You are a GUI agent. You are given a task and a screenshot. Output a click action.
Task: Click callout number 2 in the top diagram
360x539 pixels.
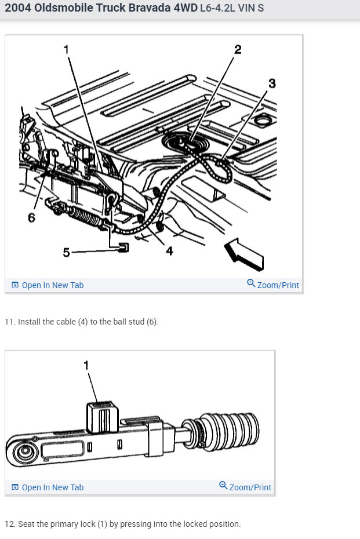pos(237,49)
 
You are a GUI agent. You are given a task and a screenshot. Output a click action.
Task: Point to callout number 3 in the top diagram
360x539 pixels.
pos(271,83)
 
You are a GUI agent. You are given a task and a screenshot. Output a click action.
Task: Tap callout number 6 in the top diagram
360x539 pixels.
pos(31,217)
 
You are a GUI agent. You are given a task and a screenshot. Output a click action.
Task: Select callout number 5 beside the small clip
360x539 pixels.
pos(66,252)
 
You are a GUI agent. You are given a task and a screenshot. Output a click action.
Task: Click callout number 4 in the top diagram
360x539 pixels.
pos(170,251)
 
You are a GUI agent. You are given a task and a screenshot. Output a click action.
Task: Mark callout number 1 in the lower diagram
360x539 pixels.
pos(86,365)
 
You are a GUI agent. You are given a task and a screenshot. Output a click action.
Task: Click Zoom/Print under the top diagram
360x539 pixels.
pos(273,285)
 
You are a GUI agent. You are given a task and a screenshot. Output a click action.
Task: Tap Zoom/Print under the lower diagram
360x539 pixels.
pos(245,487)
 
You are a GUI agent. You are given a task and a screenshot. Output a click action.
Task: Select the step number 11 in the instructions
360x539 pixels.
pos(9,322)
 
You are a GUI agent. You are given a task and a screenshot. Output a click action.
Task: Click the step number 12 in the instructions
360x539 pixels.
pos(9,524)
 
